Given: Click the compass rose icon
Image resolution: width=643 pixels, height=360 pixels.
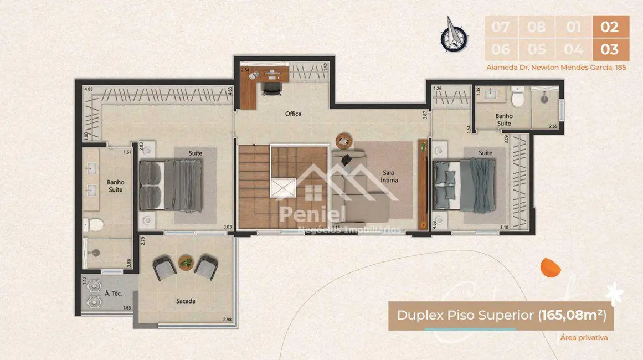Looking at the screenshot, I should click(x=454, y=34).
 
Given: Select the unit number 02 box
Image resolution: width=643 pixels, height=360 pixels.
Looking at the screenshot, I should click(x=610, y=26).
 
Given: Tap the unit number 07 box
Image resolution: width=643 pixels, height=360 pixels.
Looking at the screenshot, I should click(x=500, y=26).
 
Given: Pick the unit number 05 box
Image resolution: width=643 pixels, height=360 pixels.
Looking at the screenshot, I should click(x=536, y=49).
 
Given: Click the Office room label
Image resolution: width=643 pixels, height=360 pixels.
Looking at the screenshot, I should click(x=293, y=114).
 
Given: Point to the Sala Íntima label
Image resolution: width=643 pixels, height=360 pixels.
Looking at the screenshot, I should click(x=389, y=176).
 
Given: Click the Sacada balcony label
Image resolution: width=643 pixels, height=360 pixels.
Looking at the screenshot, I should click(x=186, y=301).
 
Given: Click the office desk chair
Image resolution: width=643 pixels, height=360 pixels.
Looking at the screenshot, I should click(x=270, y=86).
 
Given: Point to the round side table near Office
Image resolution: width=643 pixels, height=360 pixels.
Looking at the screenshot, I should click(x=343, y=138).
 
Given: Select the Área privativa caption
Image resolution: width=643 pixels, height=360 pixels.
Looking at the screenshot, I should click(x=584, y=337).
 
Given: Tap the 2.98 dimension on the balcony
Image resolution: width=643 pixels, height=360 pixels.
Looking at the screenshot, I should click(x=227, y=320).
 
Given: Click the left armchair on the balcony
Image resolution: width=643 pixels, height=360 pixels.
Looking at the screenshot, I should click(x=165, y=268).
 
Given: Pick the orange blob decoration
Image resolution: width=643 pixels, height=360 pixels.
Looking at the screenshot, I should click(x=551, y=267).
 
